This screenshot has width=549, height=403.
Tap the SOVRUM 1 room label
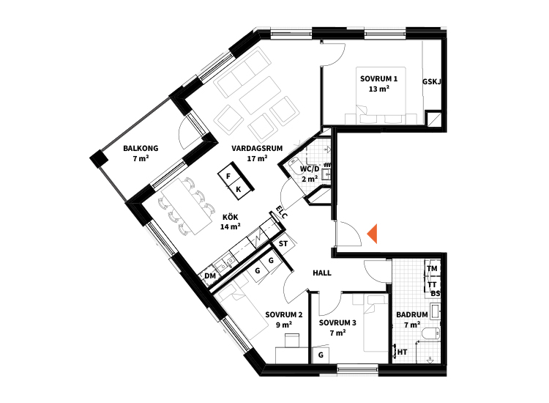[379, 79]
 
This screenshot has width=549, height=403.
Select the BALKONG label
[141, 148]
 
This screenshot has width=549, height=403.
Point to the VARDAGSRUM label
[257, 148]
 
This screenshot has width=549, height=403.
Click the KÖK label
[231, 218]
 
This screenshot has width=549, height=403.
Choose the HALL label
[322, 273]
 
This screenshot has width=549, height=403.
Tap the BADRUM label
[412, 314]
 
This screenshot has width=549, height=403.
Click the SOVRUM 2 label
[284, 314]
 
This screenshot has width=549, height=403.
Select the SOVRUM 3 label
[337, 322]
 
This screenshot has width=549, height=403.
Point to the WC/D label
[310, 169]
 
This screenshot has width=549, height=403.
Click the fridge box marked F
[229, 176]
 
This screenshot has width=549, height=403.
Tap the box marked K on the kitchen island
[239, 190]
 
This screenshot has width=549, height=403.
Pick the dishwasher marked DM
[209, 276]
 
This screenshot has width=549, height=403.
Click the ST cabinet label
[283, 243]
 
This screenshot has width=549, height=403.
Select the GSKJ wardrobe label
[432, 81]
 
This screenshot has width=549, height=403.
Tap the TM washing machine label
[432, 268]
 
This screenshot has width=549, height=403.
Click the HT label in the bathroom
[403, 352]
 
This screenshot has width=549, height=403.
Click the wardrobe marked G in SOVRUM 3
[321, 355]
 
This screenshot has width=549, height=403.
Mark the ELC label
[282, 212]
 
